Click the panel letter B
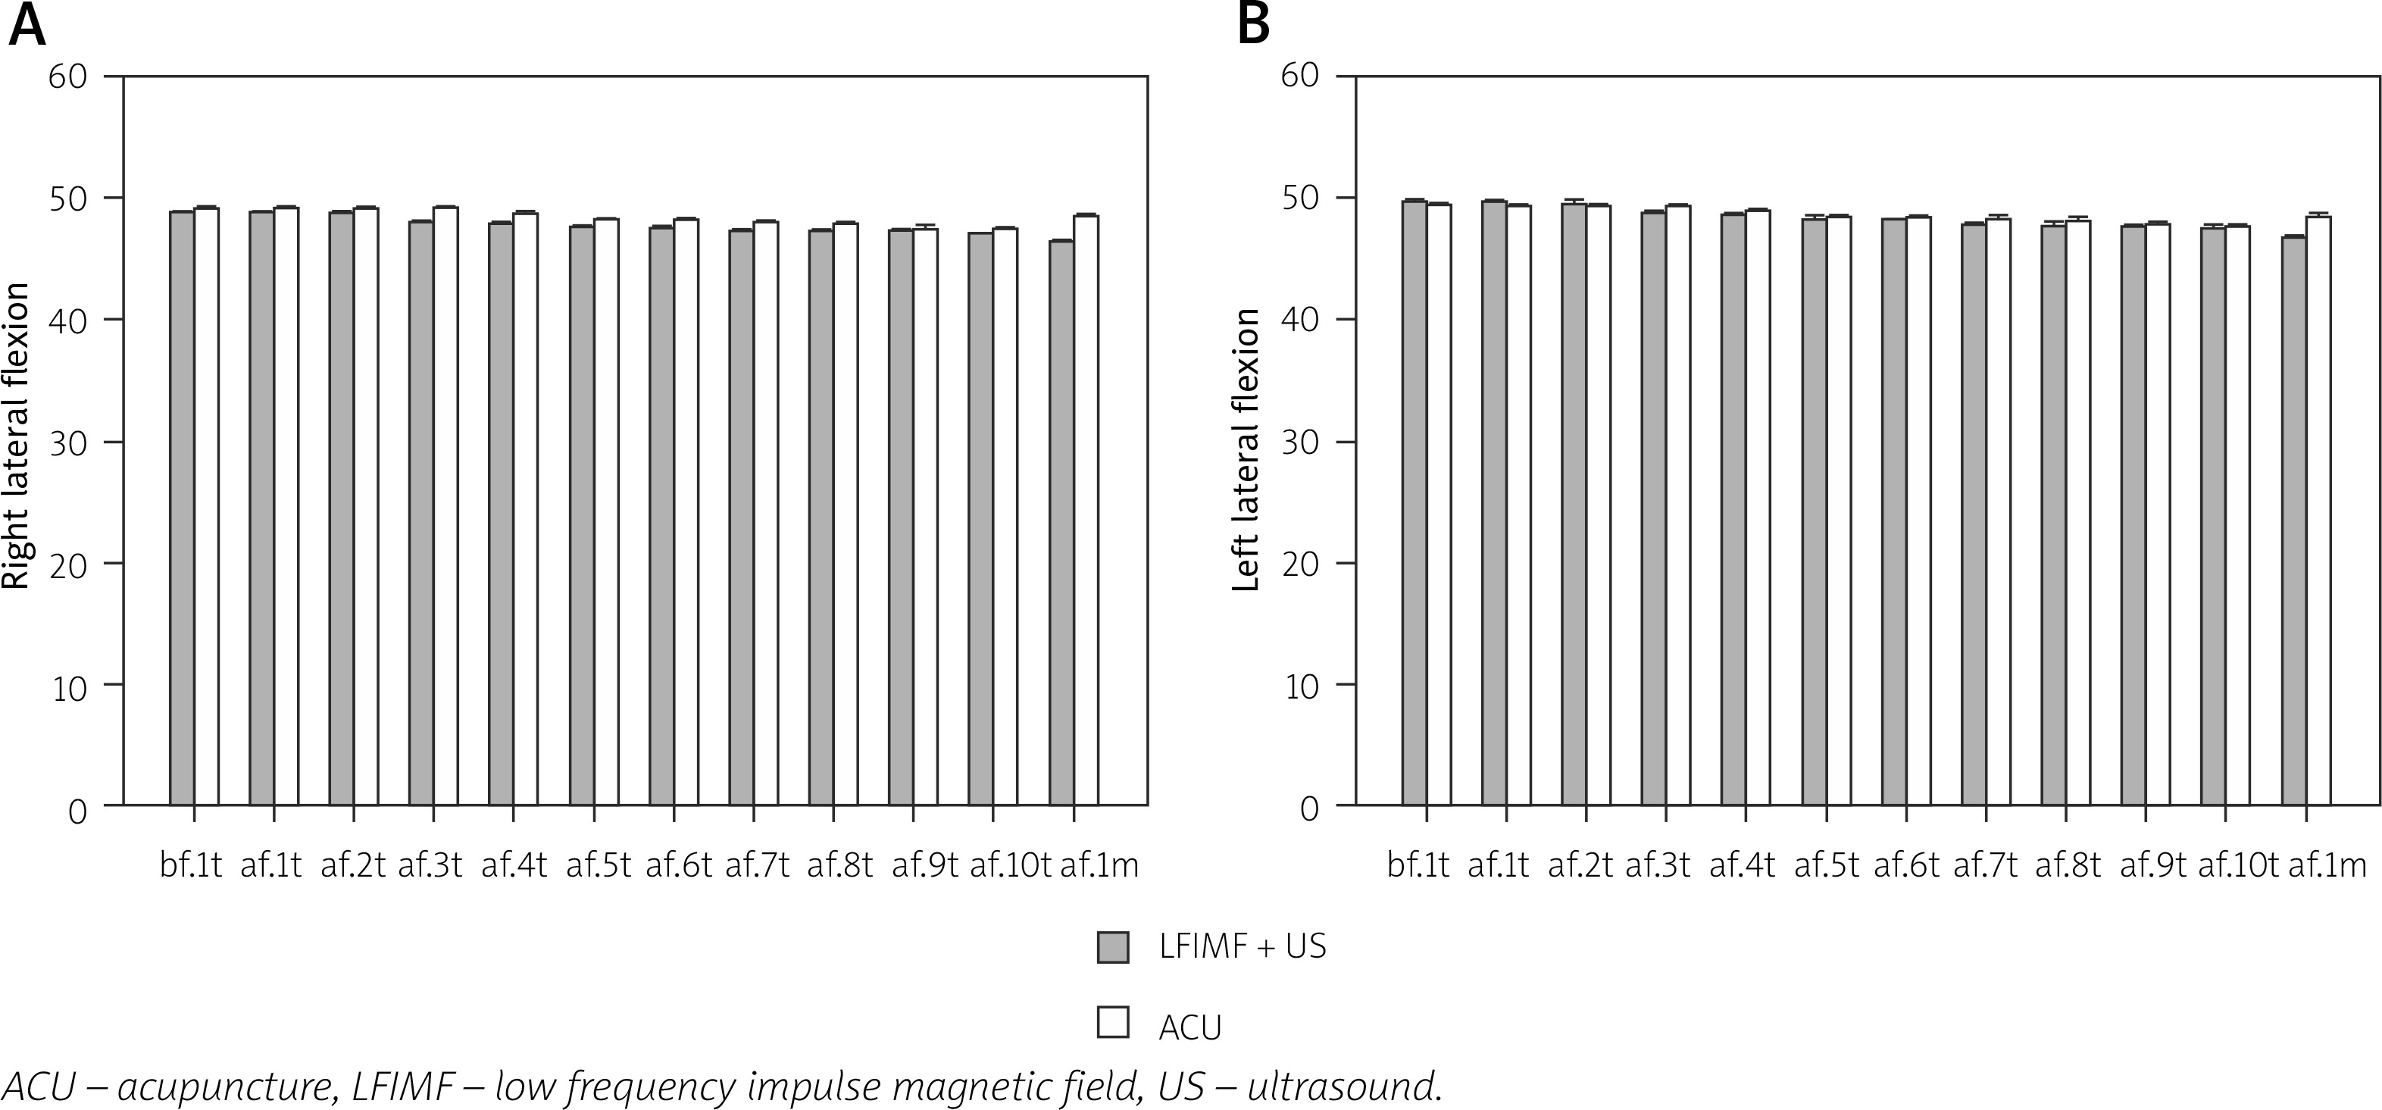tap(1254, 25)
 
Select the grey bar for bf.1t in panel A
tap(181, 508)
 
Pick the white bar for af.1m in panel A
tap(1086, 508)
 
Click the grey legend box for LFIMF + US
tap(1112, 947)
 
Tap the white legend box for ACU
tap(1112, 1021)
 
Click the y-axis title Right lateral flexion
tap(17, 436)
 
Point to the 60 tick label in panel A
tap(67, 76)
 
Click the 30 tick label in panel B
tap(1299, 441)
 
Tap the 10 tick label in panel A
tap(67, 686)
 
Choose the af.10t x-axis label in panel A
tap(1010, 866)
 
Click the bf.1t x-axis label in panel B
tap(1418, 866)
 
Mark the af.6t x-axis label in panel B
tap(1905, 866)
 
